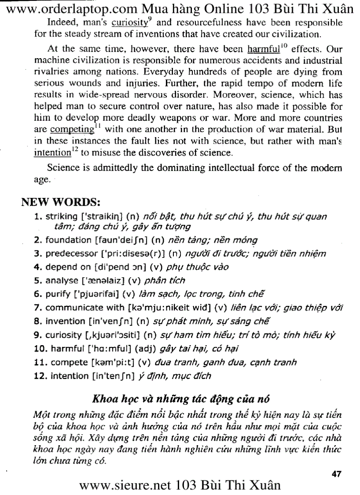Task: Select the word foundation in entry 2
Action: pyautogui.click(x=68, y=241)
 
